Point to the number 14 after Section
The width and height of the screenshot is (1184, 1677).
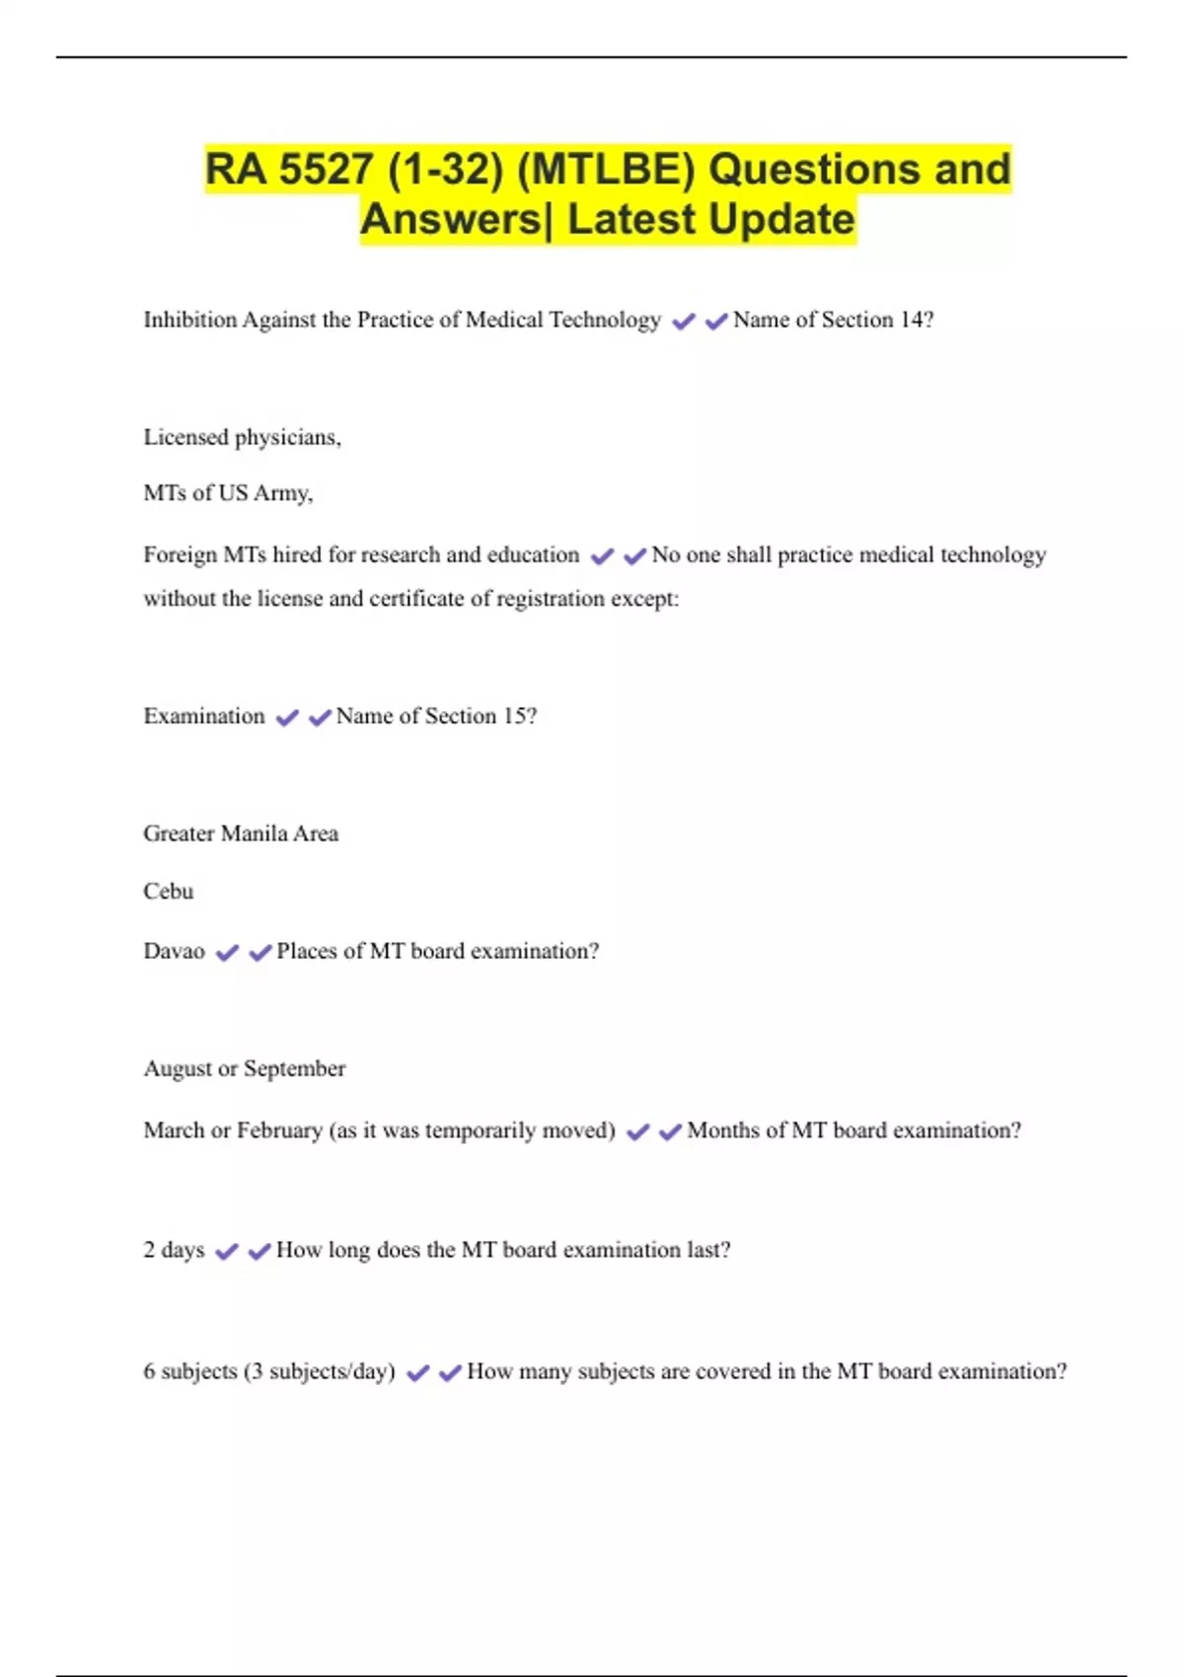(x=912, y=320)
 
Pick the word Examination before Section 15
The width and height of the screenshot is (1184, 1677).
(x=204, y=716)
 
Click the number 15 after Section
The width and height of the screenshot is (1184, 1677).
(x=516, y=716)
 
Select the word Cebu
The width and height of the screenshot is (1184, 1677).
(x=169, y=892)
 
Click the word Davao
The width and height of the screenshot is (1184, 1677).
(x=175, y=952)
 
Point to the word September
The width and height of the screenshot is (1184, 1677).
(x=295, y=1069)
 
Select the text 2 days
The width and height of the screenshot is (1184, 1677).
(x=175, y=1250)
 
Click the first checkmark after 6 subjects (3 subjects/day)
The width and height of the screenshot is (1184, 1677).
(x=417, y=1372)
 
